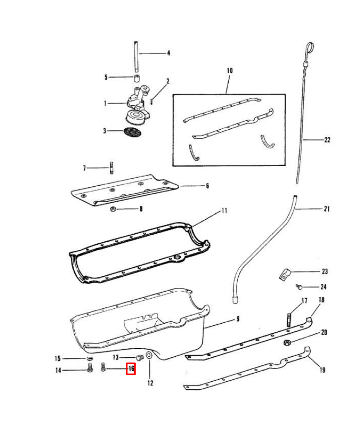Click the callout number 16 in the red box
coord(130,369)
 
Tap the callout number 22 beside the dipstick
coord(327,140)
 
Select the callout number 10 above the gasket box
coord(229,71)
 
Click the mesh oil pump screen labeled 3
coord(132,131)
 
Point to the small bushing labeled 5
coord(137,78)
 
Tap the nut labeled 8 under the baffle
coord(114,209)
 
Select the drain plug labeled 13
coord(140,357)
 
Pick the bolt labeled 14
coord(90,369)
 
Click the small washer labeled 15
coord(89,359)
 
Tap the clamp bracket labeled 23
coord(285,274)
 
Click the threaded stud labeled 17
coord(290,318)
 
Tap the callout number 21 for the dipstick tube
coord(327,209)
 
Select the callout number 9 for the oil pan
coord(237,319)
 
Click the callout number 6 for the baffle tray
coord(207,186)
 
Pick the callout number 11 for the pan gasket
coord(224,211)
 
